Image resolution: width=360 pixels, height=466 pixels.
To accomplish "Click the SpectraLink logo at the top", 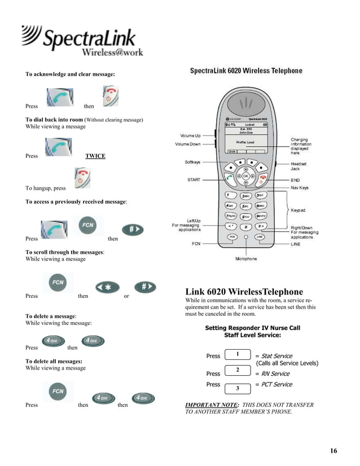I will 82,41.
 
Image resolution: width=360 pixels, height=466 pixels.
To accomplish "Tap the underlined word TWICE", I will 95,156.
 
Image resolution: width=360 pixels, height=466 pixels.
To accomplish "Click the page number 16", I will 333,450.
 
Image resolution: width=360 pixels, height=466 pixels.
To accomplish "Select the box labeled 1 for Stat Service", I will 238,355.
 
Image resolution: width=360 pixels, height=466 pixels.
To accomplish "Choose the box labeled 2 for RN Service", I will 238,370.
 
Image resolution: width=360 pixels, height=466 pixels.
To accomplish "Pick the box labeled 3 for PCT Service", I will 238,388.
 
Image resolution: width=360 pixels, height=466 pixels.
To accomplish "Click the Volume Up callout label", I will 190,136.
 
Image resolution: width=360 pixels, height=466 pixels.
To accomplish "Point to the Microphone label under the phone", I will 245,259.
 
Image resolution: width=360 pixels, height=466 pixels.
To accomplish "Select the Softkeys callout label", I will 192,162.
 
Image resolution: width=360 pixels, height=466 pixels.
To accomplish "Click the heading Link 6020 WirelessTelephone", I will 244,292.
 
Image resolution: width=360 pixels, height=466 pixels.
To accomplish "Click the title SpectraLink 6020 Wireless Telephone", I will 245,71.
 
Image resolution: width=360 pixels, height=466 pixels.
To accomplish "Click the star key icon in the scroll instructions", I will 107,287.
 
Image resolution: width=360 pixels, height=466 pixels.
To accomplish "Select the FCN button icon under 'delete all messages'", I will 58,391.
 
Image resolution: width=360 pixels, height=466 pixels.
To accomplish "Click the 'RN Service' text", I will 276,373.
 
